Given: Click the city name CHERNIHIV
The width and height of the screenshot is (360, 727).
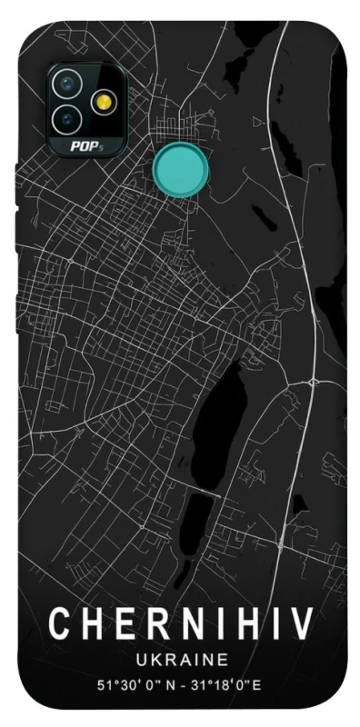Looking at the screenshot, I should point(181,625).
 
